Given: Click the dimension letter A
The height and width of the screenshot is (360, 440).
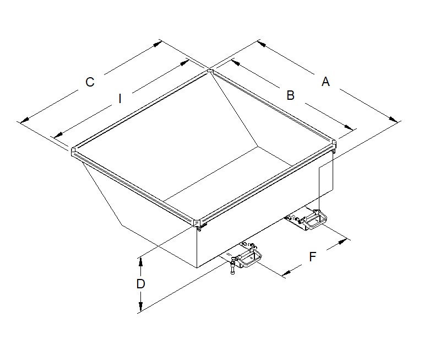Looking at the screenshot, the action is click(x=325, y=82).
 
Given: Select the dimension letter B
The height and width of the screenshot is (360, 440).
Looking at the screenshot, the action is click(x=290, y=95).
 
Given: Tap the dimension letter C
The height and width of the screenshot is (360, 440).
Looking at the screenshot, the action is click(x=90, y=82).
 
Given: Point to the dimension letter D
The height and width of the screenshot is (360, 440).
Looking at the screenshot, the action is click(x=140, y=284).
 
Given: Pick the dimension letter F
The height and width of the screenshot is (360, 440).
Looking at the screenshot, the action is click(x=313, y=256).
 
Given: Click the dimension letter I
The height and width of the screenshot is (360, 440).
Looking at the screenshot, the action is click(x=120, y=99).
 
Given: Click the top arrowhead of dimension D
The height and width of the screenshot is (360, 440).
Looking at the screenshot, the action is click(x=140, y=261).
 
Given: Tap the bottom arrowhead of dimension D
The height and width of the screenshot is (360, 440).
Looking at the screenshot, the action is click(x=140, y=307).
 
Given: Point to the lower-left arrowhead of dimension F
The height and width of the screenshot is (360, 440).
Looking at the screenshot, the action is click(x=286, y=272).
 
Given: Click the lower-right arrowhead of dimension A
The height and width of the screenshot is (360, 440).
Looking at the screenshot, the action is click(x=393, y=119).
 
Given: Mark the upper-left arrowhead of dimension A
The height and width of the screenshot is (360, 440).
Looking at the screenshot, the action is click(x=262, y=44).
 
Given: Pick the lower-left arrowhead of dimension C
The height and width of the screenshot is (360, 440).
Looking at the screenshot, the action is click(x=25, y=120).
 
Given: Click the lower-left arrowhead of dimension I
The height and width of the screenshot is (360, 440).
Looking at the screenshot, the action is click(x=58, y=135).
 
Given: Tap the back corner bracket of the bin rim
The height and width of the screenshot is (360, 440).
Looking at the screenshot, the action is click(x=210, y=71).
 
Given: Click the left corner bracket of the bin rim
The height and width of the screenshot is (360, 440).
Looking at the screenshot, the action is click(x=73, y=151).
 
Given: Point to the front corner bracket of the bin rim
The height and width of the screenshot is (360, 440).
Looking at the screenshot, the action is click(x=197, y=223).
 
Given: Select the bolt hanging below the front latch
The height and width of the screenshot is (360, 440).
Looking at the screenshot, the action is click(x=232, y=268).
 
